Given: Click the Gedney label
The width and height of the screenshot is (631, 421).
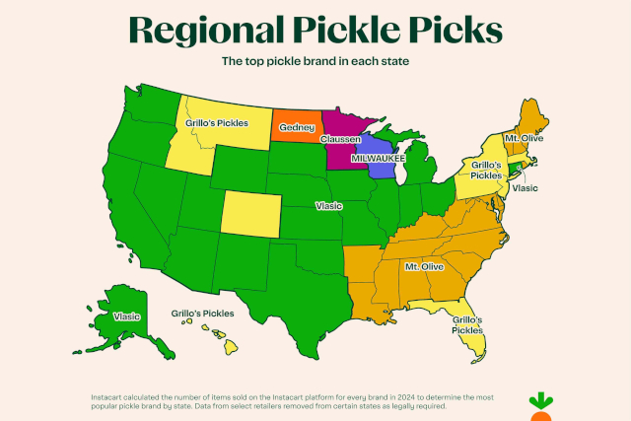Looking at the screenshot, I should coord(296,127).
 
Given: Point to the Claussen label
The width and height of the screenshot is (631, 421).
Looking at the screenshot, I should coord(339,140).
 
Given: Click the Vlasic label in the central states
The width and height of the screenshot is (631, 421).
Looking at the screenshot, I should coord(328,206).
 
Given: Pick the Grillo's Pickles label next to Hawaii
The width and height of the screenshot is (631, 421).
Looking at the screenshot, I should coord(202,313).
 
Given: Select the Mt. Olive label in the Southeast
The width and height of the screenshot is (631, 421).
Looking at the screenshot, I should coord(424,267).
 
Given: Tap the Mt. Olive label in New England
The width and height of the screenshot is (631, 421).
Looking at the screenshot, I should coord(524,139).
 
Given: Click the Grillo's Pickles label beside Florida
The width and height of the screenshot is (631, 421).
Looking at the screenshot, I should coord(466,325).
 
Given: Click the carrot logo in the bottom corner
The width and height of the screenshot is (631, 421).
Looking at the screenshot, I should coord(540,405).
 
